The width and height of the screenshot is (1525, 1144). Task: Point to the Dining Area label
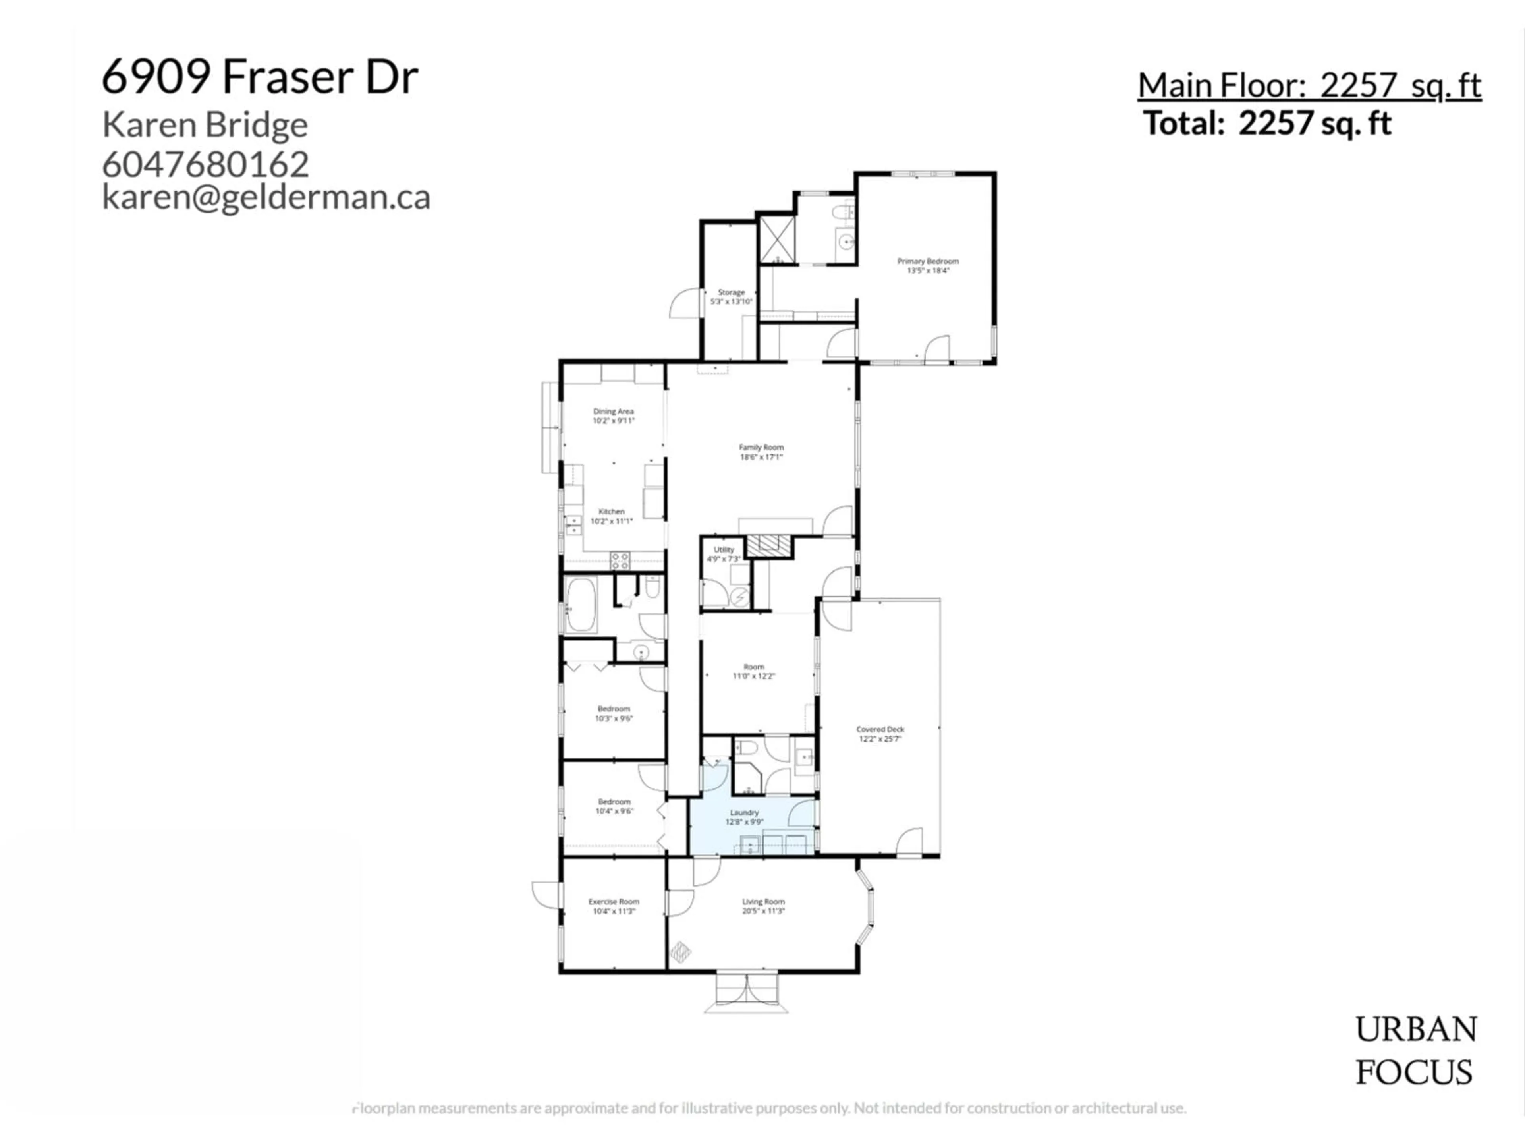pos(613,411)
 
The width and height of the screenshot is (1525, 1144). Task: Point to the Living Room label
pos(763,901)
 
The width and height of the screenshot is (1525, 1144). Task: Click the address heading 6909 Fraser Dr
pos(260,77)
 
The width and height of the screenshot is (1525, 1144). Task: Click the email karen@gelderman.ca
pos(266,197)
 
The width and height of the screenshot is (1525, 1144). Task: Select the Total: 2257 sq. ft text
pos(1267,124)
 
